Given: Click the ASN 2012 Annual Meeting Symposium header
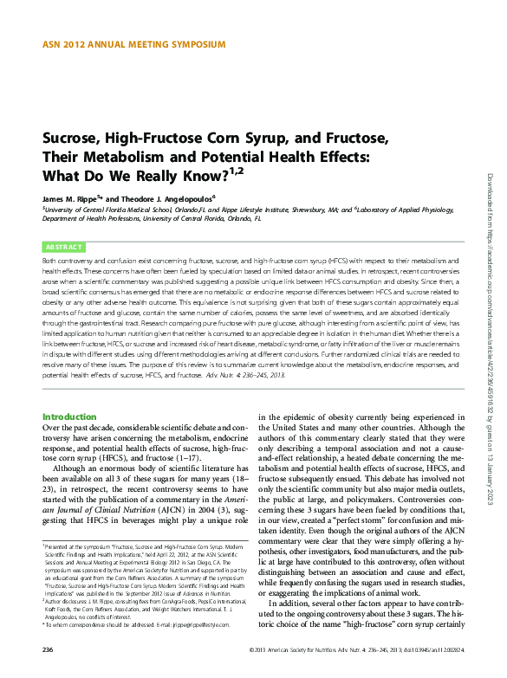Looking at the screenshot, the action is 133,43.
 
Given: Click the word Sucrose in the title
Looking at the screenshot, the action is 74,139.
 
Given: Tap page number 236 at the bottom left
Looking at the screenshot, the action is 49,649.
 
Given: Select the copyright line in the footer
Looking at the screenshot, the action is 355,649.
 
